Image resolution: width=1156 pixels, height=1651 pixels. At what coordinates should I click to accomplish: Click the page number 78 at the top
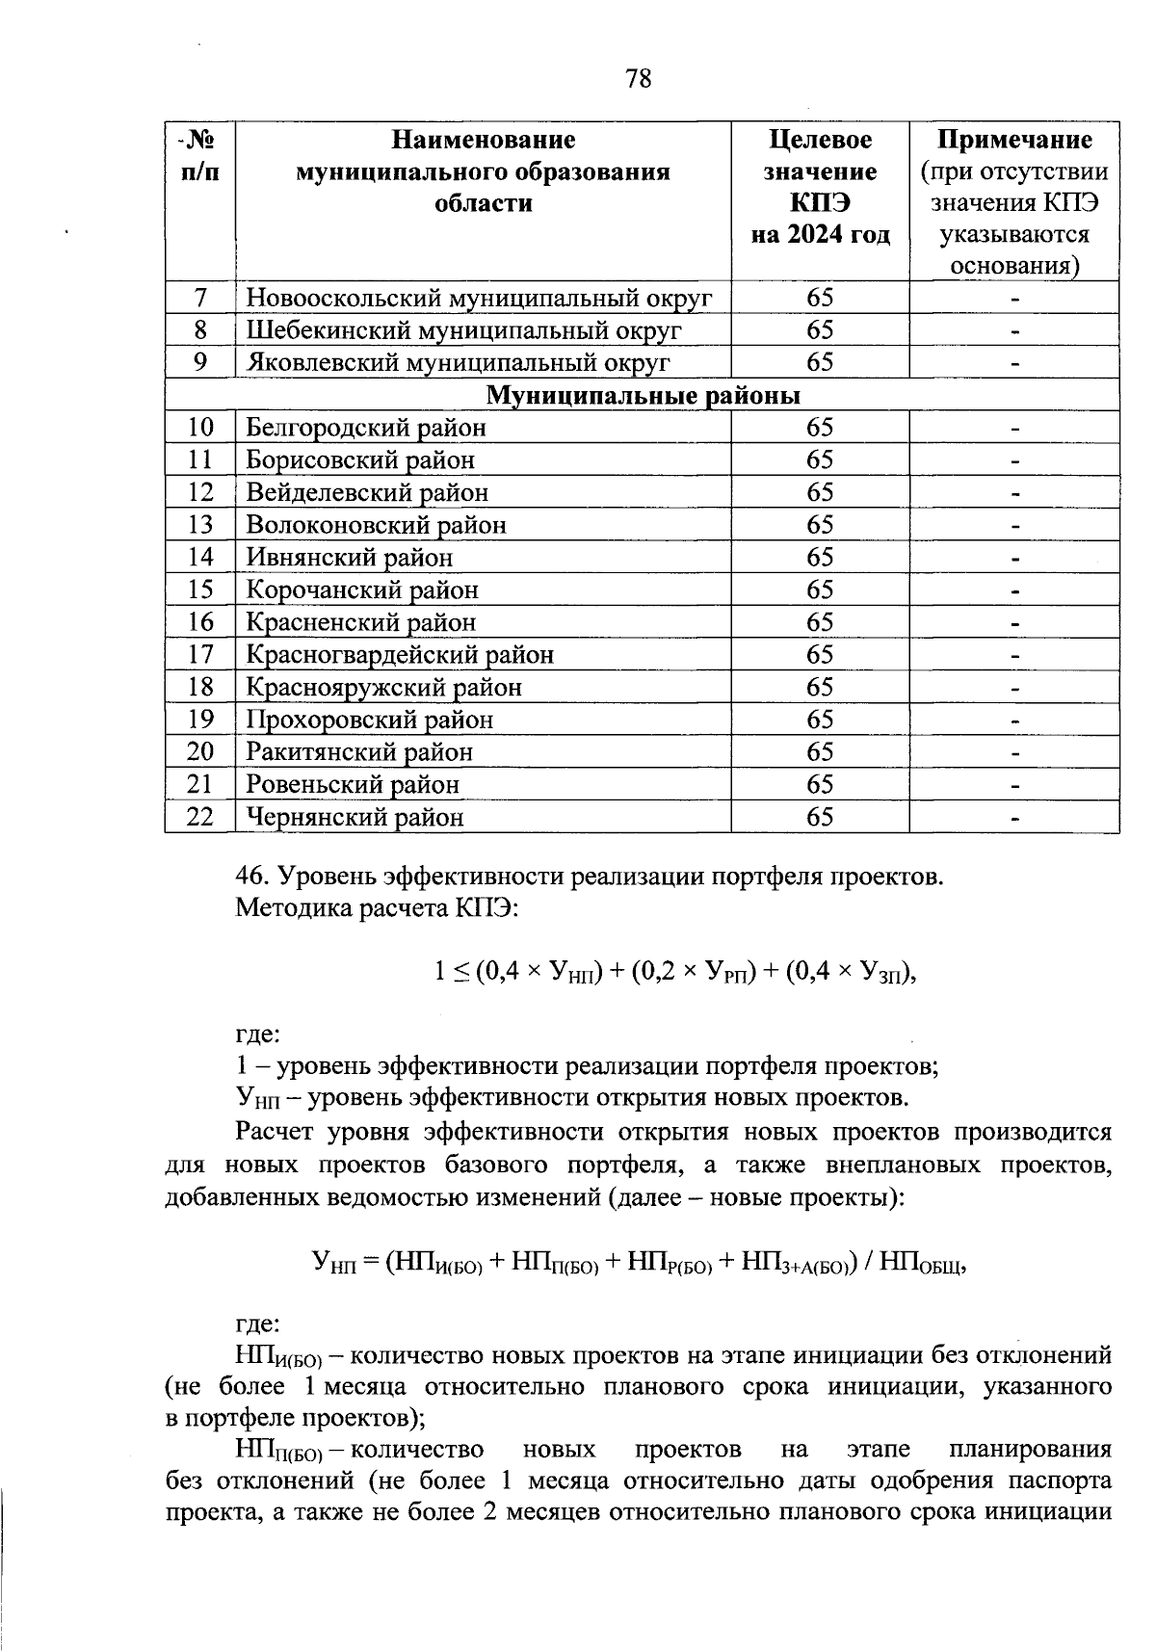click(639, 78)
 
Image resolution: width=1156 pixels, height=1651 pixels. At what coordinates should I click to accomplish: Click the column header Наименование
click(483, 141)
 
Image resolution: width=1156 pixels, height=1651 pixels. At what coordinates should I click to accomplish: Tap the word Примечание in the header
click(1014, 141)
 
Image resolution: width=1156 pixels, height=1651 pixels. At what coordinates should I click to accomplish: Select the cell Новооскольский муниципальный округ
click(479, 299)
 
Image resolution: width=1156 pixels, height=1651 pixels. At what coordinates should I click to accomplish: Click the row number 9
click(200, 363)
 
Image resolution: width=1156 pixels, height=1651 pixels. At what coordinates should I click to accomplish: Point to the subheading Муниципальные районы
click(643, 396)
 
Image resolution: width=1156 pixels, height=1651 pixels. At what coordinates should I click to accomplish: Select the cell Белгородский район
click(366, 428)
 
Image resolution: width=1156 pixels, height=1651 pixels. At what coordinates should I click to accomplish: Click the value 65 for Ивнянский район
click(820, 558)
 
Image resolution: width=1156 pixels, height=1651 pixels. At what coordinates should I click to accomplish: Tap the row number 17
click(200, 655)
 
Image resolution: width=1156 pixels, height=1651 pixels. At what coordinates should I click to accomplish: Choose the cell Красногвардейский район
click(400, 655)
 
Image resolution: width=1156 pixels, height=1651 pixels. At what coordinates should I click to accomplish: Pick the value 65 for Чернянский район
click(820, 818)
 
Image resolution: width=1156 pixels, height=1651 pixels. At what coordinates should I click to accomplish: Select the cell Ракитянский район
click(359, 752)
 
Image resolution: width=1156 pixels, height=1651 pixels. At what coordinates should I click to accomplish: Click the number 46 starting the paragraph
click(250, 877)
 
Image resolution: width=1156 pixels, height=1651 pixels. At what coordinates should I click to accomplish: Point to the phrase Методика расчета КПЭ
click(377, 908)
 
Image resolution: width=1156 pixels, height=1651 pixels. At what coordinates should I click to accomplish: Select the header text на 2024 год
click(821, 234)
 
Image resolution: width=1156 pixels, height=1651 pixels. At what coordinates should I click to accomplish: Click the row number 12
click(200, 493)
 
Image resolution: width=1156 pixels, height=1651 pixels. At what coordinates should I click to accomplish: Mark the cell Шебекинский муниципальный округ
click(463, 331)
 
